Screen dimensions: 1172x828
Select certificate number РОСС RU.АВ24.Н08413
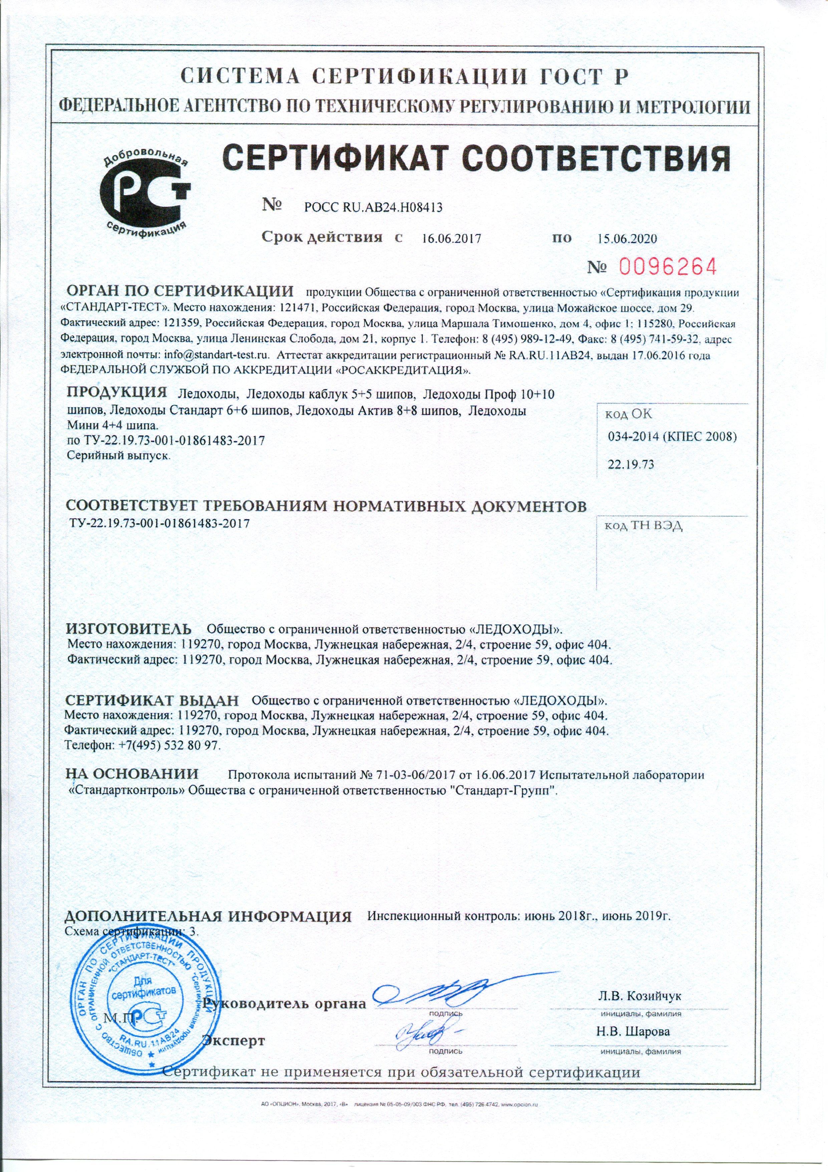point(372,207)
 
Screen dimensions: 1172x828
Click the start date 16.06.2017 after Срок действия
point(452,239)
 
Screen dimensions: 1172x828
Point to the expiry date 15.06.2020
point(626,239)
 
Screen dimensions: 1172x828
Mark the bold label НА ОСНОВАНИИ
point(132,774)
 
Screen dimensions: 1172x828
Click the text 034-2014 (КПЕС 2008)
point(672,437)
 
